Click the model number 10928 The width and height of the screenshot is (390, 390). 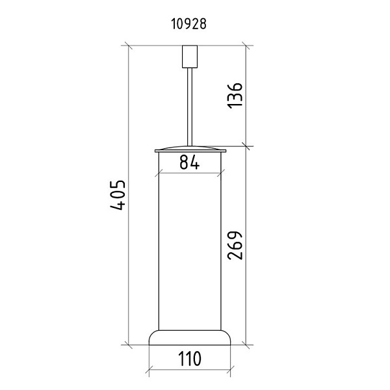[x=188, y=25]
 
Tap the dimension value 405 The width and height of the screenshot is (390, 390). [x=118, y=195]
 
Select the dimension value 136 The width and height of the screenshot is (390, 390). [x=235, y=96]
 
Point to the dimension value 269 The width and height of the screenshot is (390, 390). [x=235, y=246]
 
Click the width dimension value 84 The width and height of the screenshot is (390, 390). [x=190, y=162]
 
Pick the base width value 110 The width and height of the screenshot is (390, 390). [x=190, y=359]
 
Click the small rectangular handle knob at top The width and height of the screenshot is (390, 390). [x=190, y=57]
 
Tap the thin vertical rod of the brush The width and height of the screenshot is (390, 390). [x=190, y=107]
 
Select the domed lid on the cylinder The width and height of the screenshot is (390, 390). [x=190, y=149]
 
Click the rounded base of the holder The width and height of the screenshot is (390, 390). [x=190, y=338]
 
